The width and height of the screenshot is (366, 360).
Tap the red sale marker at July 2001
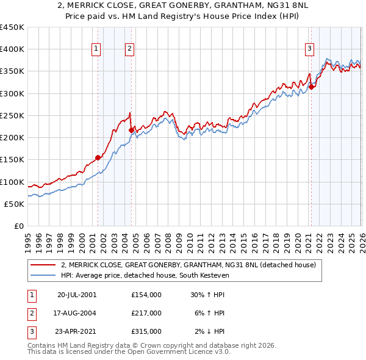pos(98,157)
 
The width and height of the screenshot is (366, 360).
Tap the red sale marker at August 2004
pos(131,130)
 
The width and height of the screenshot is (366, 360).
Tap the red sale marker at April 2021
pos(311,87)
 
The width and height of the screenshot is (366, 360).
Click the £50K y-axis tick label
pos(15,204)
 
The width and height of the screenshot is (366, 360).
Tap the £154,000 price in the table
pos(146,295)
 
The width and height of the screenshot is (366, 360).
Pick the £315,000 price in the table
pos(146,331)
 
